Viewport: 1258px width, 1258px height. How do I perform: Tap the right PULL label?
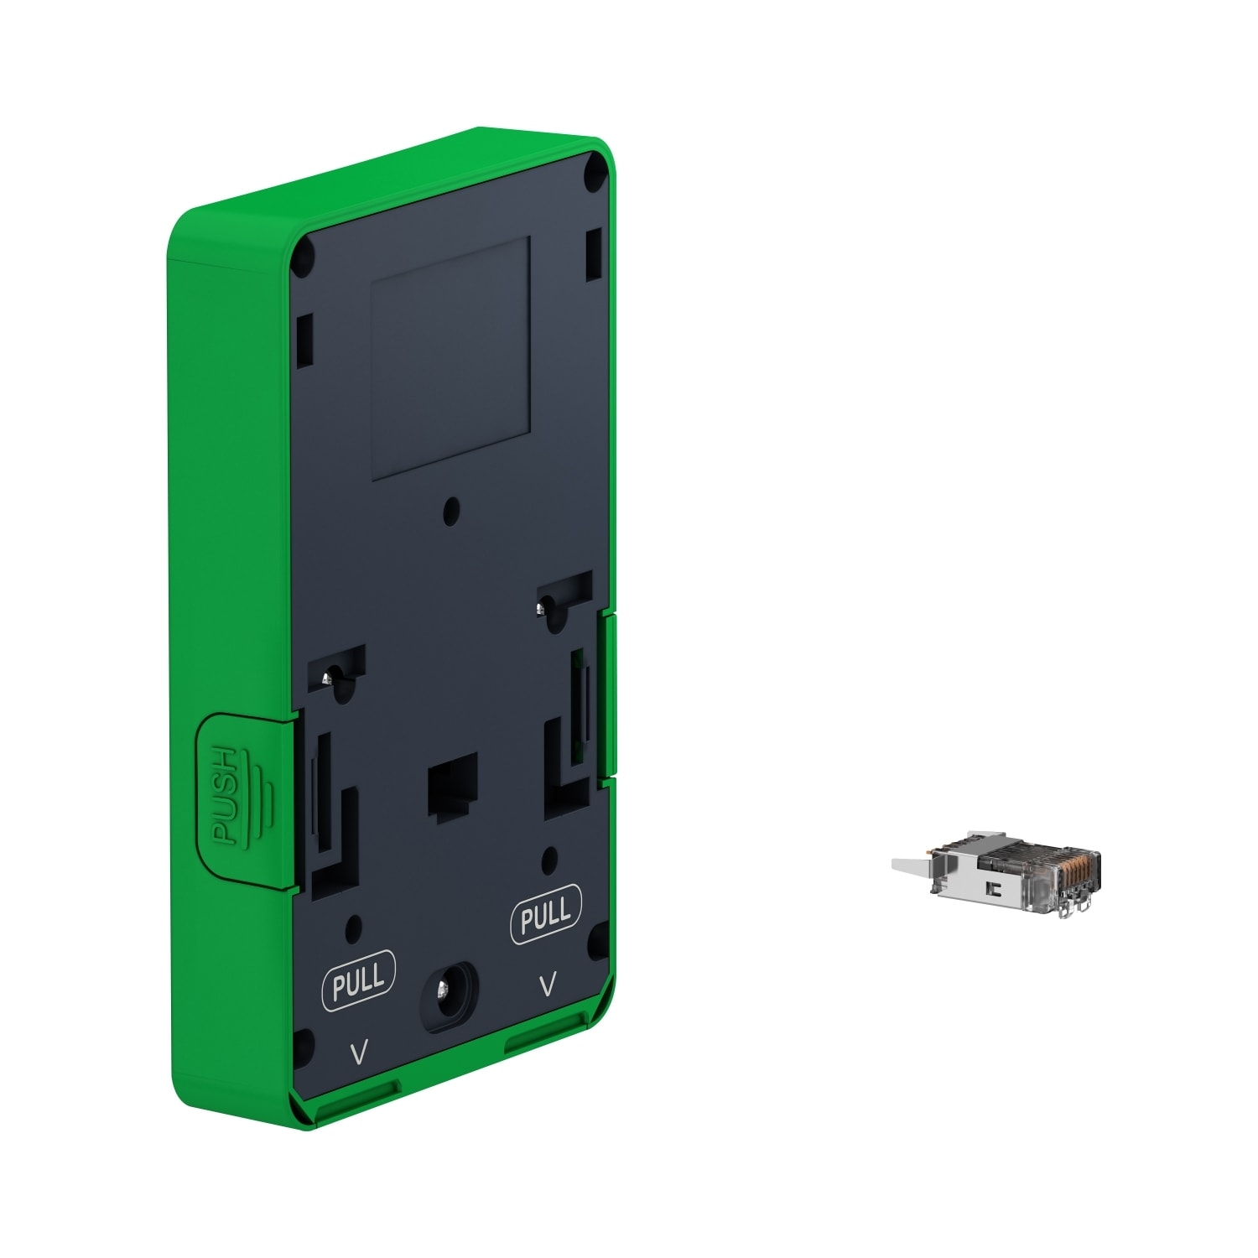pyautogui.click(x=546, y=913)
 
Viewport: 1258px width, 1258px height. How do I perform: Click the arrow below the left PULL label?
pyautogui.click(x=359, y=1053)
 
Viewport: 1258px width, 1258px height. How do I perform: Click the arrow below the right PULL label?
pyautogui.click(x=548, y=984)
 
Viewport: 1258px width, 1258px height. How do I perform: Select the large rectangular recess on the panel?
pyautogui.click(x=450, y=358)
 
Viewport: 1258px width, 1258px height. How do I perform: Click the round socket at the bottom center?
pyautogui.click(x=450, y=992)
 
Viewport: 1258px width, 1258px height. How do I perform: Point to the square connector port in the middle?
pyautogui.click(x=452, y=783)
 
